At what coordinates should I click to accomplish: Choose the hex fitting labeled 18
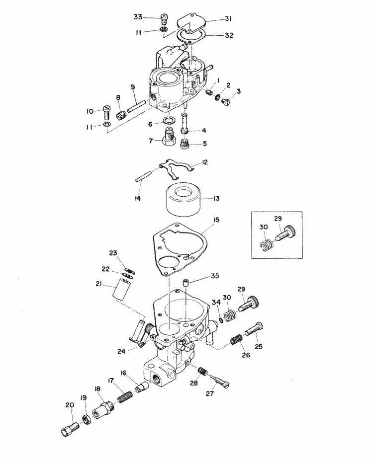point(103,410)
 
